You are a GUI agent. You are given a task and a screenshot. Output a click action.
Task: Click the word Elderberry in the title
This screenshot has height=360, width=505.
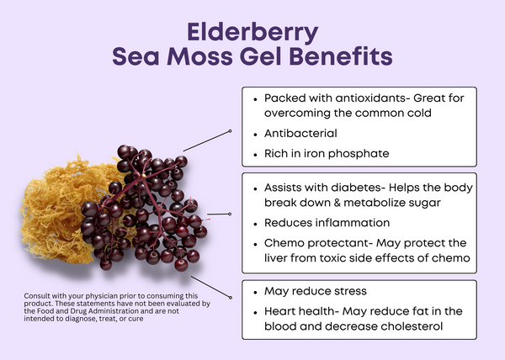coord(252,33)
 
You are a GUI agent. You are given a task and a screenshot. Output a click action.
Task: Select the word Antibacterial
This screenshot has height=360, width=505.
coord(300,133)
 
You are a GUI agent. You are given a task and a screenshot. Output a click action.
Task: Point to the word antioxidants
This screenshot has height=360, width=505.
coord(370,98)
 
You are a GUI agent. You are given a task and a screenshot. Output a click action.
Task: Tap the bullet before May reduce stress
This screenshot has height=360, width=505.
coord(255,293)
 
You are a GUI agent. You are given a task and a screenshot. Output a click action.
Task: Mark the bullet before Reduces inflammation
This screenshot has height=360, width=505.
coord(255,225)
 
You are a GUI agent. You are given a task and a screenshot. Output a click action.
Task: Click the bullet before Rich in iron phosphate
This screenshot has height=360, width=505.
coord(255,155)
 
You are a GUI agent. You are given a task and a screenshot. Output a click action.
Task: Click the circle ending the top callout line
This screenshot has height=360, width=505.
coord(230,131)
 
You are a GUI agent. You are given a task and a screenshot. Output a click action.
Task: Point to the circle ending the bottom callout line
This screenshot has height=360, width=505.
coord(231,298)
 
